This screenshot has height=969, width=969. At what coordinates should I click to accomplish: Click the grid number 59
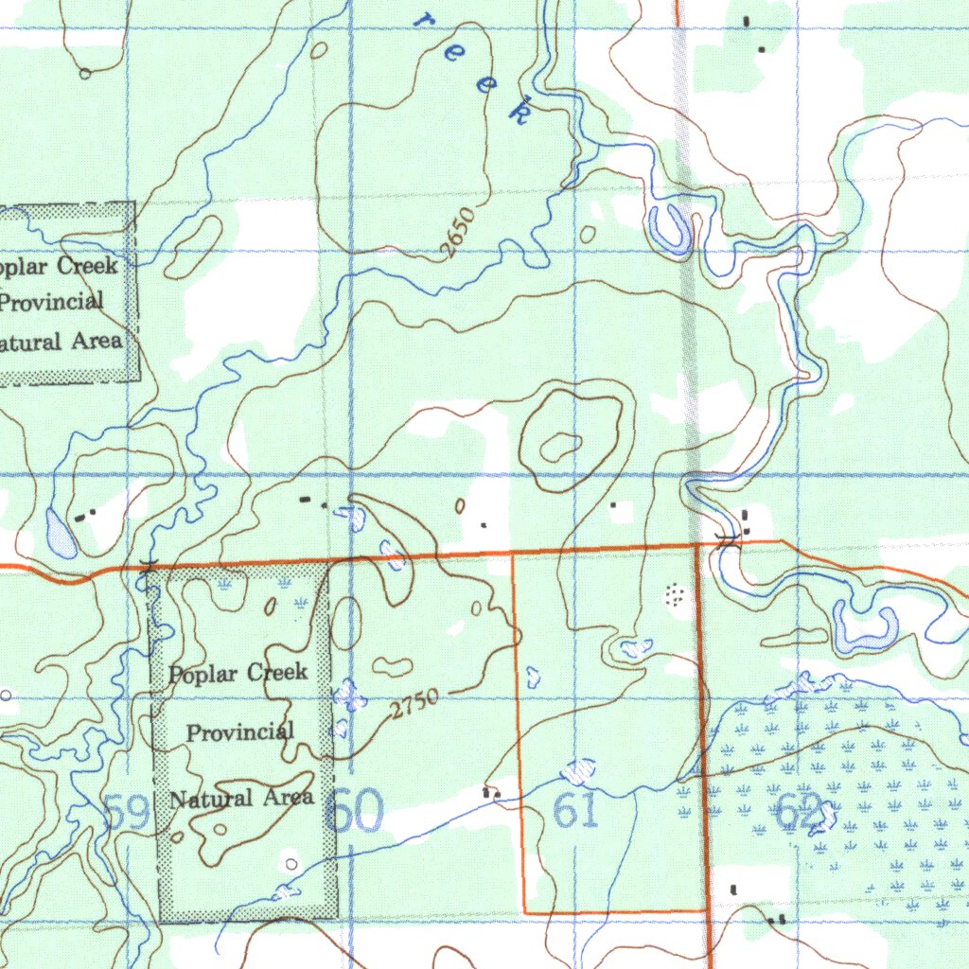[x=127, y=812]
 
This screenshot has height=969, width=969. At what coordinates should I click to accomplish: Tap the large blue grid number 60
[x=354, y=812]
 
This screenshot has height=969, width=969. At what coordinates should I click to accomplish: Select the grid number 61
[x=576, y=811]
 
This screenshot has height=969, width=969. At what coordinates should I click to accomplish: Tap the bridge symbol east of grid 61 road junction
[x=727, y=540]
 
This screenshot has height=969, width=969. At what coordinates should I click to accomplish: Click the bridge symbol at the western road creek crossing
[x=146, y=566]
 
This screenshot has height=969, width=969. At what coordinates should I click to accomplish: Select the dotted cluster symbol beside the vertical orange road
[x=675, y=594]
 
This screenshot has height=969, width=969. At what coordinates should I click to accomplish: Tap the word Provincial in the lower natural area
[x=239, y=731]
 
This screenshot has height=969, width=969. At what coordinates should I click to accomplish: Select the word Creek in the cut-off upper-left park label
[x=88, y=265]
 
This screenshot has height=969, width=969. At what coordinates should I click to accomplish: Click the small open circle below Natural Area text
[x=291, y=862]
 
